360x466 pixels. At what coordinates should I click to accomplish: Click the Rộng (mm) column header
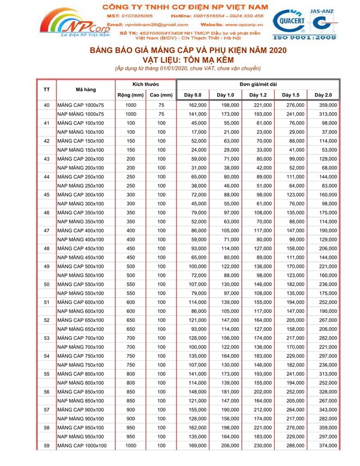click(x=130, y=95)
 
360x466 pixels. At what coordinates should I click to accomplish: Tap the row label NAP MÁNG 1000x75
click(x=80, y=114)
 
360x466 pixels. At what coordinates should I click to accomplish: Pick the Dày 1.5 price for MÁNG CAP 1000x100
click(x=295, y=447)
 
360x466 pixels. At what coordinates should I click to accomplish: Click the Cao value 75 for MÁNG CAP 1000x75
click(x=161, y=105)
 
